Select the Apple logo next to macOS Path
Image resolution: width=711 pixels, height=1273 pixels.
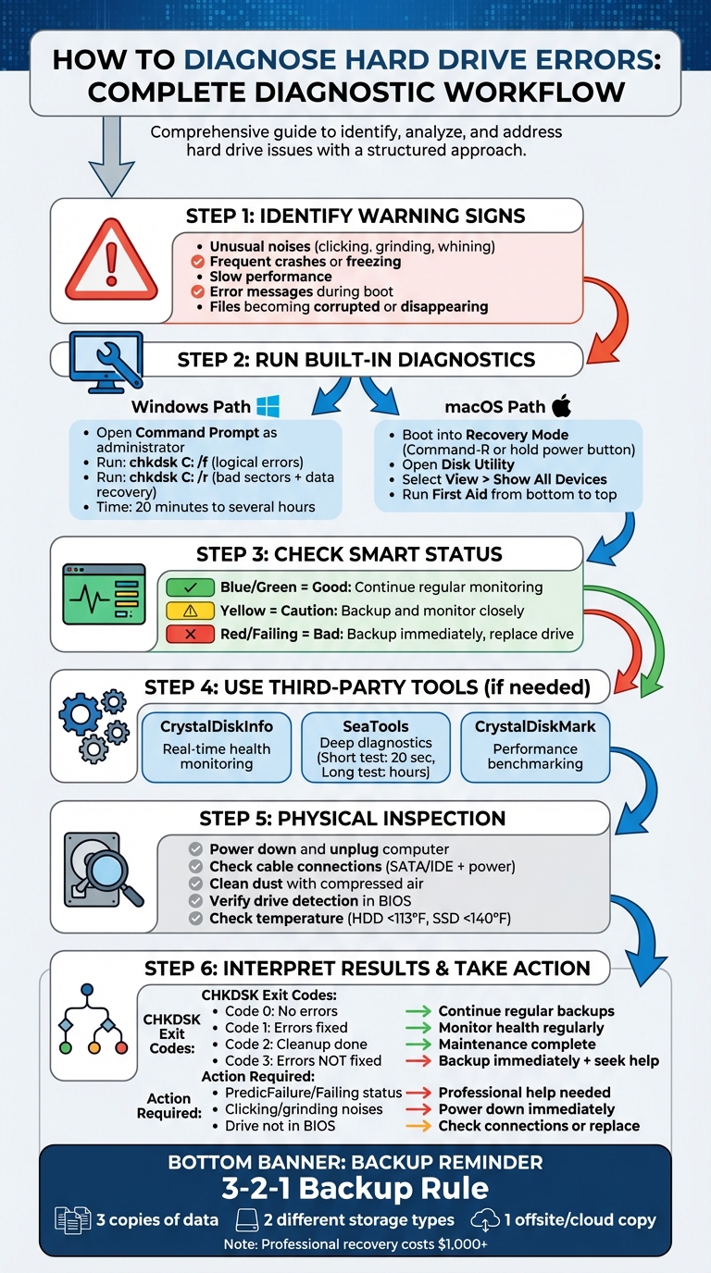561,405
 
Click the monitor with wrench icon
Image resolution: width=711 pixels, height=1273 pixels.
106,361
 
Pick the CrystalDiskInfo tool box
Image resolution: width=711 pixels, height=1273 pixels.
217,745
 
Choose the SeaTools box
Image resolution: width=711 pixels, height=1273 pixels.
376,745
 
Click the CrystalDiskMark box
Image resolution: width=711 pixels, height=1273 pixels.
535,745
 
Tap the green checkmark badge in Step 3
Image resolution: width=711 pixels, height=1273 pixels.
189,587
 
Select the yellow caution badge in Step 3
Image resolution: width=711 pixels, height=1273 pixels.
189,611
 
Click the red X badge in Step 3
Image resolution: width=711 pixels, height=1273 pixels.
189,634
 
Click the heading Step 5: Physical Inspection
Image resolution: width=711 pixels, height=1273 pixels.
353,819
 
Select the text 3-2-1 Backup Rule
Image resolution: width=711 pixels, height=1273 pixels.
355,1188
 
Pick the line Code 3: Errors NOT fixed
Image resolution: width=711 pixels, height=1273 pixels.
303,1060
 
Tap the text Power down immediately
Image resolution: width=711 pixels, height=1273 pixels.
526,1109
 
